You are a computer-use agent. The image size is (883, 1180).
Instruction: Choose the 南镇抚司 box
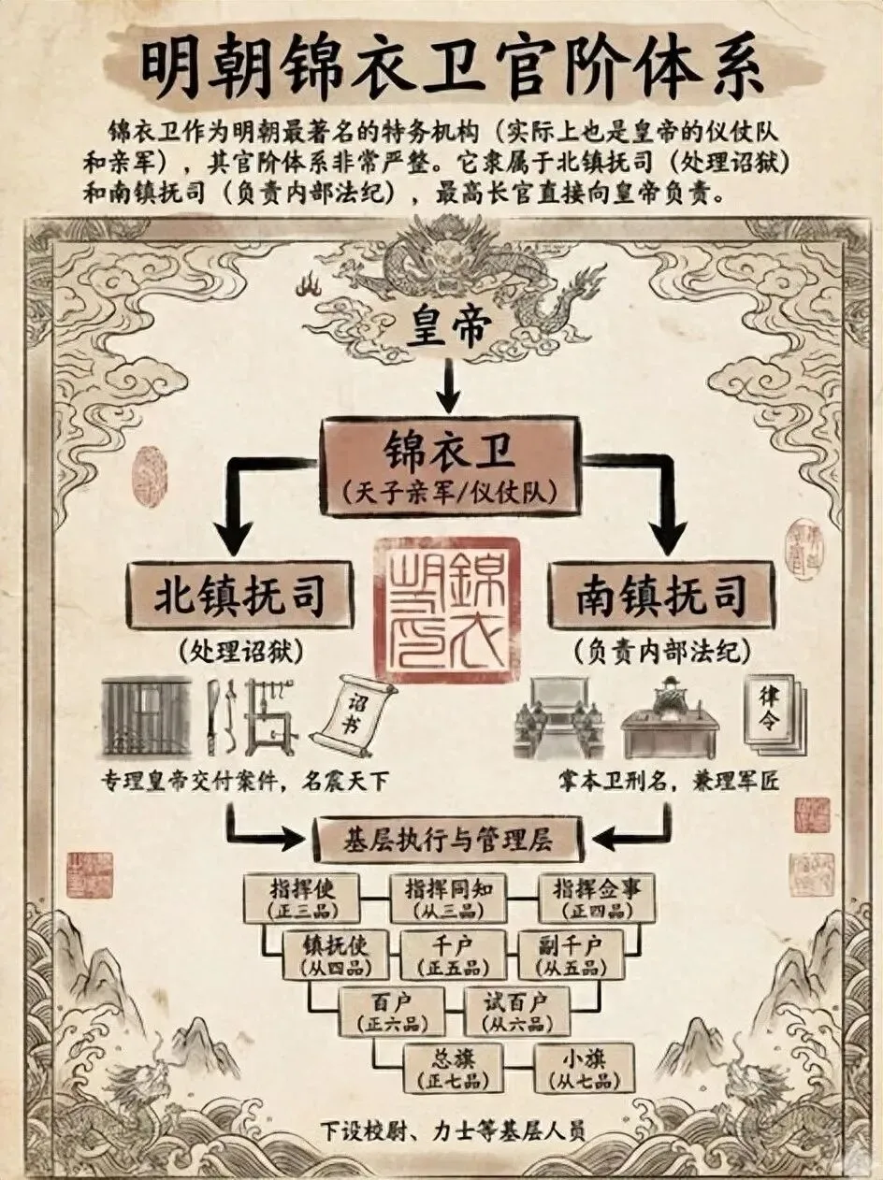pyautogui.click(x=661, y=595)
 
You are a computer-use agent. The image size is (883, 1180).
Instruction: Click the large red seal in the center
pyautogui.click(x=446, y=609)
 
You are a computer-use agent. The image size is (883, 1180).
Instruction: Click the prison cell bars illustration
pyautogui.click(x=146, y=715)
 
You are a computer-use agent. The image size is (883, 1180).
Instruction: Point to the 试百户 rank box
pyautogui.click(x=515, y=1011)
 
